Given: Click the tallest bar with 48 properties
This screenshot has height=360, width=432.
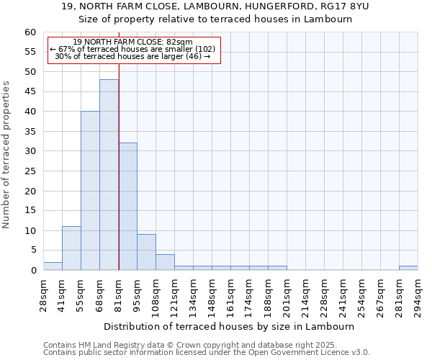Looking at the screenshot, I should pyautogui.click(x=109, y=175).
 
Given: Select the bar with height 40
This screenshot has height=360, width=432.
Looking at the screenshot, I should pyautogui.click(x=90, y=191).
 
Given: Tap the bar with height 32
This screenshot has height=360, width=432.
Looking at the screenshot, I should pyautogui.click(x=127, y=207).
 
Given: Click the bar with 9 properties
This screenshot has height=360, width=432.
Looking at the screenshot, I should pyautogui.click(x=146, y=252).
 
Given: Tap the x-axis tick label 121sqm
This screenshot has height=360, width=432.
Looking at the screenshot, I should pyautogui.click(x=174, y=292).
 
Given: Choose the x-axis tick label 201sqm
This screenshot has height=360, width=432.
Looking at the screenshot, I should pyautogui.click(x=287, y=292).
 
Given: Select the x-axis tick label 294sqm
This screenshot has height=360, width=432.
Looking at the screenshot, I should pyautogui.click(x=418, y=292).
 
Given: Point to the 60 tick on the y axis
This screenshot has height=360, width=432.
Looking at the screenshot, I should pyautogui.click(x=30, y=32).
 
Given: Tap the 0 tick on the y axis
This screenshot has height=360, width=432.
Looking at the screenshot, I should pyautogui.click(x=32, y=271).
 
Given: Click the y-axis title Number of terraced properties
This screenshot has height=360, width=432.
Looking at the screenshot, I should pyautogui.click(x=7, y=154).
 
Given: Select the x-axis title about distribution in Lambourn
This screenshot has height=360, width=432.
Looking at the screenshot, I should pyautogui.click(x=230, y=327).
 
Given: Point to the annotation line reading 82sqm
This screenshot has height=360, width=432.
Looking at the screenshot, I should pyautogui.click(x=133, y=42).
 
